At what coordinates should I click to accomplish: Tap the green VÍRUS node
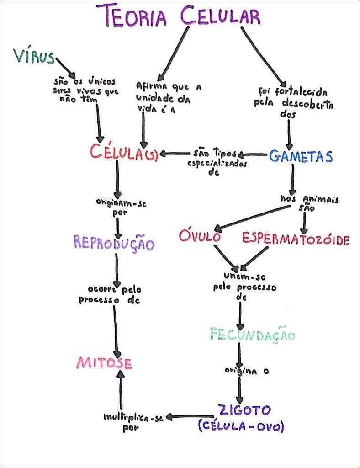pyautogui.click(x=34, y=56)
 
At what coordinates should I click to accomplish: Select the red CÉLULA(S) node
pyautogui.click(x=123, y=153)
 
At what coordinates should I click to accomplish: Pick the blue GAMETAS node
pyautogui.click(x=301, y=156)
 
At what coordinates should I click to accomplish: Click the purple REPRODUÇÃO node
pyautogui.click(x=114, y=243)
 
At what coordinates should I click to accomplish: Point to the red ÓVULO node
pyautogui.click(x=200, y=237)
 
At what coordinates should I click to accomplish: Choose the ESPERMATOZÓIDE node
pyautogui.click(x=296, y=239)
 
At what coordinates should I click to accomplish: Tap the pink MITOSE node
pyautogui.click(x=104, y=363)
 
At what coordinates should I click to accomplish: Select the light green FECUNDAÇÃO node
pyautogui.click(x=252, y=335)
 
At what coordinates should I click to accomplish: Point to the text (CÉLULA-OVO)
pyautogui.click(x=241, y=427)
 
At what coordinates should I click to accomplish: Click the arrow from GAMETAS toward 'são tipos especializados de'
pyautogui.click(x=252, y=155)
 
